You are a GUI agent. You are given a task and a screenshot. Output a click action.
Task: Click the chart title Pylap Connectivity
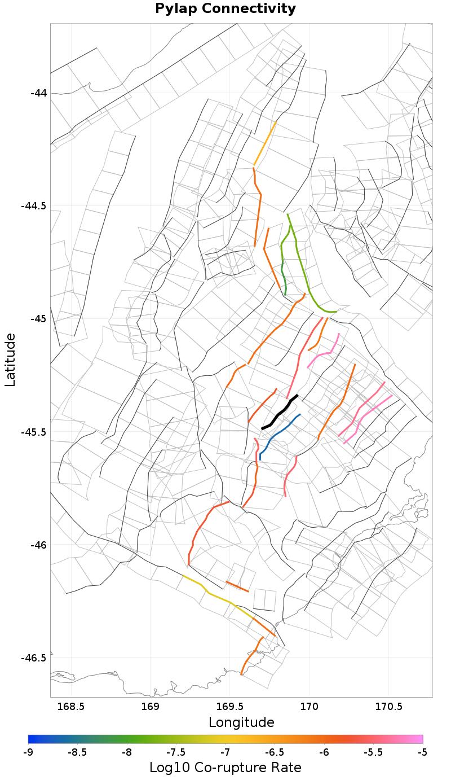[225, 8]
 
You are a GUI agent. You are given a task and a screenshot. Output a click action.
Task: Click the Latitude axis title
[10, 360]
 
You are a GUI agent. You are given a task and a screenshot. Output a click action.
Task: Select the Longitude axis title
[241, 722]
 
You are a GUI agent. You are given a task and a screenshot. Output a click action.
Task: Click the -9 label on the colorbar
[28, 752]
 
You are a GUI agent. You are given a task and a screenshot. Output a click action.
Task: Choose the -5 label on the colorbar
[423, 752]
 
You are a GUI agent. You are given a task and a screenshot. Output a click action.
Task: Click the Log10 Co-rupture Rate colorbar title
[225, 768]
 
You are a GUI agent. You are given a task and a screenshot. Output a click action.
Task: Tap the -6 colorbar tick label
[324, 752]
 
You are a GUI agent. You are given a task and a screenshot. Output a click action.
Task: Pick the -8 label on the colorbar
[127, 752]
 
